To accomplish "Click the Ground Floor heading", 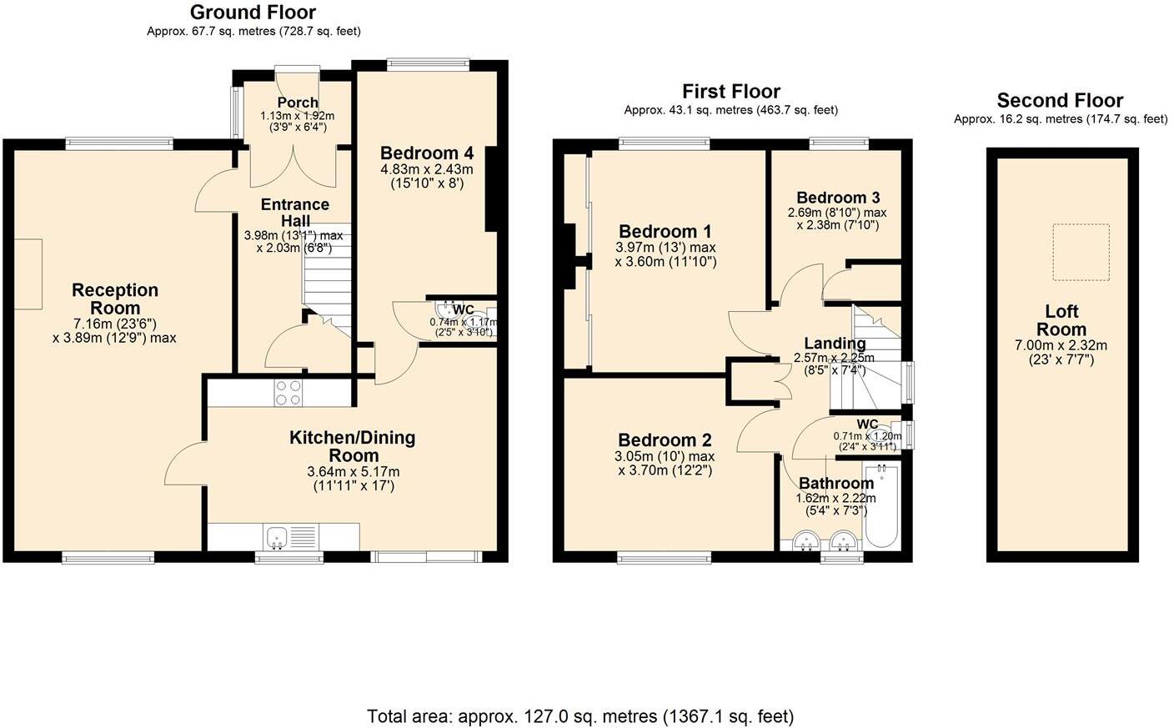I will point(253,13).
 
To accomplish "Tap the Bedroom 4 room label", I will point(426,153).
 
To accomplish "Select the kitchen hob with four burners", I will point(288,393).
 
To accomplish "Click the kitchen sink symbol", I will point(277,536).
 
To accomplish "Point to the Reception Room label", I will point(115,299).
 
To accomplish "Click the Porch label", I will point(297,103).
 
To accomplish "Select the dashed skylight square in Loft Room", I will point(1081,252).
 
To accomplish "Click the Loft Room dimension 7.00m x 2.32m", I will point(1061,345).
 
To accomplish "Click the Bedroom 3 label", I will point(837,198).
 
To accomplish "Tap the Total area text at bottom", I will point(580,716).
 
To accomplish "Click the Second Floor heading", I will point(1060,101).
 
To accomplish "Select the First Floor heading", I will point(730,92).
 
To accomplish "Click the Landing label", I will point(834,344).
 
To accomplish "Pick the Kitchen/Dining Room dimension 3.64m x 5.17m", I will point(354,471).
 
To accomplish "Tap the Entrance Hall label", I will point(294,213).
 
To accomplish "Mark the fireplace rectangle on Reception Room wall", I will point(28,275).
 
